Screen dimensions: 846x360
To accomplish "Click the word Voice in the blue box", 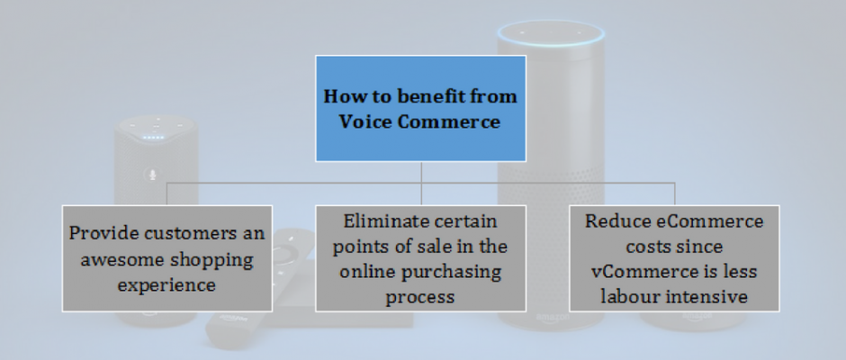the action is pyautogui.click(x=365, y=121).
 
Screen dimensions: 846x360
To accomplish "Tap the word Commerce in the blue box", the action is pyautogui.click(x=449, y=121).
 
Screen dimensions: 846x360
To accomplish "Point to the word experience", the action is pyautogui.click(x=166, y=285).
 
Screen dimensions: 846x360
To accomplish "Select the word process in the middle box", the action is pyautogui.click(x=420, y=297).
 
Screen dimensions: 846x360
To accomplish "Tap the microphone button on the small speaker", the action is pyautogui.click(x=153, y=175).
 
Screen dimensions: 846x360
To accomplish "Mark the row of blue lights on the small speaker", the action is pyautogui.click(x=154, y=138).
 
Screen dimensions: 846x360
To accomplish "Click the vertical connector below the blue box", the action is pyautogui.click(x=421, y=184).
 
